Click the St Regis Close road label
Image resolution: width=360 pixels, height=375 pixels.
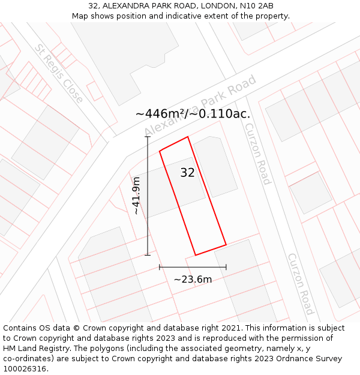[x=59, y=74]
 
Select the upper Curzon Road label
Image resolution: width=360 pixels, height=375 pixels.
[x=258, y=154]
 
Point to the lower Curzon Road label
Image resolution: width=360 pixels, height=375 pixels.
[x=301, y=284]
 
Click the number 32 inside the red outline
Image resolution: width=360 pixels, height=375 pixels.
[x=187, y=173]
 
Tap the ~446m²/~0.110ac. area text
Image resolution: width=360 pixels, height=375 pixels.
[x=193, y=114]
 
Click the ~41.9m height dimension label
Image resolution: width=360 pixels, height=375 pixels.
[x=137, y=196]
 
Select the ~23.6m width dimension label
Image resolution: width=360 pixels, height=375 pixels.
[x=193, y=279]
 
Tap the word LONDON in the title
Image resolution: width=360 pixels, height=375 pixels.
[x=209, y=6]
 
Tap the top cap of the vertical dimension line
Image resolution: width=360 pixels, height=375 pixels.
[x=148, y=137]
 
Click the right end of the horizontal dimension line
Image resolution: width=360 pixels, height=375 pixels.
[x=226, y=266]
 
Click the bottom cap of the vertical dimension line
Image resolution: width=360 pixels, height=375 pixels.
[x=148, y=255]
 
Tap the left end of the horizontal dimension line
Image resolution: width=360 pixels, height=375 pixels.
[x=160, y=266]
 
